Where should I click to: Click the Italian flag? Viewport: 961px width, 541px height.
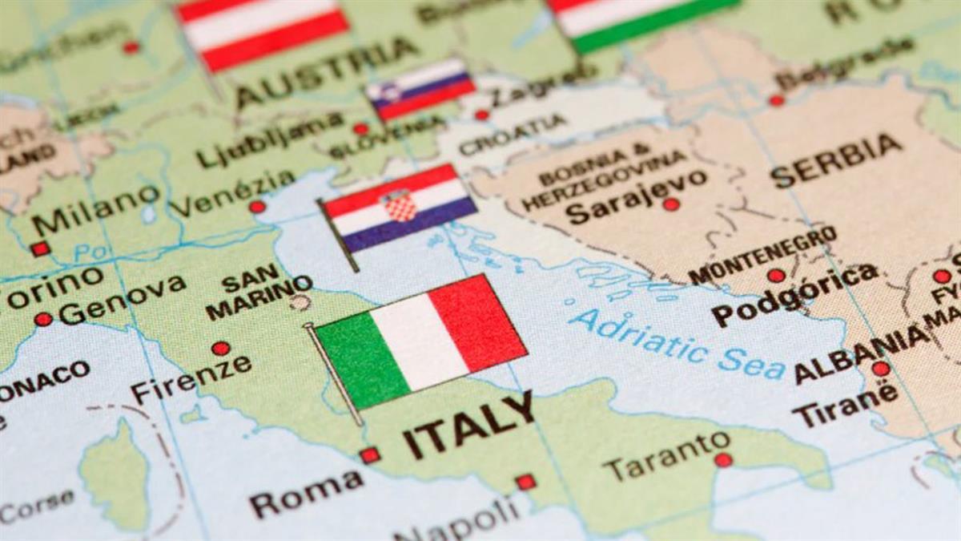click(x=420, y=340)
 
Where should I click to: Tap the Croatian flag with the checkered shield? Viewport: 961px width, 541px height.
click(x=398, y=208)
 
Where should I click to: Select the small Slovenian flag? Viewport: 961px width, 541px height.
click(x=420, y=89)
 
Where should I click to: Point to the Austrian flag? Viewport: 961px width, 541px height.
click(x=263, y=32)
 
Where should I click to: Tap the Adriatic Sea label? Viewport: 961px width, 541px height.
click(x=678, y=345)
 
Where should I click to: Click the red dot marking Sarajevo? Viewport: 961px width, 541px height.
click(x=671, y=204)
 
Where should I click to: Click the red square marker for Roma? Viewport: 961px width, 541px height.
click(x=369, y=455)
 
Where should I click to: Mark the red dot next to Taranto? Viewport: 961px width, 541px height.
click(x=723, y=460)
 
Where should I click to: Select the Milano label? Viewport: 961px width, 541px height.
click(x=96, y=210)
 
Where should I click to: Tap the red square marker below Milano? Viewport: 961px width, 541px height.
click(x=40, y=249)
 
